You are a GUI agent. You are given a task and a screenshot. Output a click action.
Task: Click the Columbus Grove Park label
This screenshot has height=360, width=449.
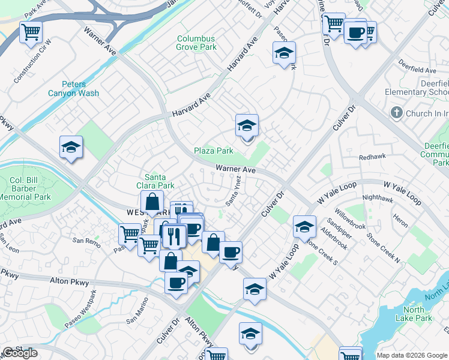tap(196, 43)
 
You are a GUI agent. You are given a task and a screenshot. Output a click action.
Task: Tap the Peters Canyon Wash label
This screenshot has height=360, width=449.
tap(73, 89)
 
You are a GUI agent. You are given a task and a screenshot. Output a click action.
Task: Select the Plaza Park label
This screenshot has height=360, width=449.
tap(213, 151)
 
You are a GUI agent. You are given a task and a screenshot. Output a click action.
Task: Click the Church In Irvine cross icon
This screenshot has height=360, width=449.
tap(396, 113)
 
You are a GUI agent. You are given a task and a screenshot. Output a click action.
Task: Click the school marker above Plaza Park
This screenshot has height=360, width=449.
tap(247, 127)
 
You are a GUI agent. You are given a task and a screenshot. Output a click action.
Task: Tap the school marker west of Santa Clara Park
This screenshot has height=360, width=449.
tap(71, 148)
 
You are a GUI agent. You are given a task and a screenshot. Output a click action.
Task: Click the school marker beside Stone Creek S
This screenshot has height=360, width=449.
tap(305, 227)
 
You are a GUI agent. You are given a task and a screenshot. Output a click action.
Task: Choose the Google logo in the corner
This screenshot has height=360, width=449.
tap(20, 353)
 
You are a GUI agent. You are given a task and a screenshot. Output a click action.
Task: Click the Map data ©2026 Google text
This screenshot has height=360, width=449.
tap(412, 355)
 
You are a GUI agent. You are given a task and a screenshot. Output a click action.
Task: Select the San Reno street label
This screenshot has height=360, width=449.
tap(85, 241)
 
